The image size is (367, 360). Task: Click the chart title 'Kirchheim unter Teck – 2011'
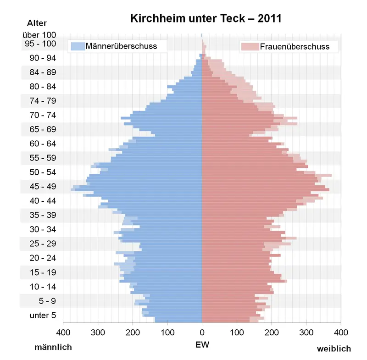[x=206, y=18]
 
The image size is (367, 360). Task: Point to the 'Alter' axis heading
[x=37, y=23]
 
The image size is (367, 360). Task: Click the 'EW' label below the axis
[x=202, y=343]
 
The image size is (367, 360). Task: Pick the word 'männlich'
[x=53, y=347]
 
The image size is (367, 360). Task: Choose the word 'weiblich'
[x=334, y=349]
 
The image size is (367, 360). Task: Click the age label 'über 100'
[x=39, y=35]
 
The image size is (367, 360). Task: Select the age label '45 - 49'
[x=42, y=187]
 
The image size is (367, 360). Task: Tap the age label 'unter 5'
[x=42, y=315]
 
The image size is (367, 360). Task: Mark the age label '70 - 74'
[x=42, y=115]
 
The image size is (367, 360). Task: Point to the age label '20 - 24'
[x=42, y=258]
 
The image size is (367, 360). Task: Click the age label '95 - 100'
[x=40, y=44]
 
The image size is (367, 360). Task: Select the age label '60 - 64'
[x=42, y=144]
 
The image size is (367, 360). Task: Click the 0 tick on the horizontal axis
[x=202, y=331]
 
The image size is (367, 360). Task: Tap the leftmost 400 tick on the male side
[x=63, y=331]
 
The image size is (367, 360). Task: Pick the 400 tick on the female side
[x=340, y=331]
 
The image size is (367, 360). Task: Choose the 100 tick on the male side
[x=167, y=331]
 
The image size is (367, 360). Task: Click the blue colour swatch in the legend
[x=78, y=46]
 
